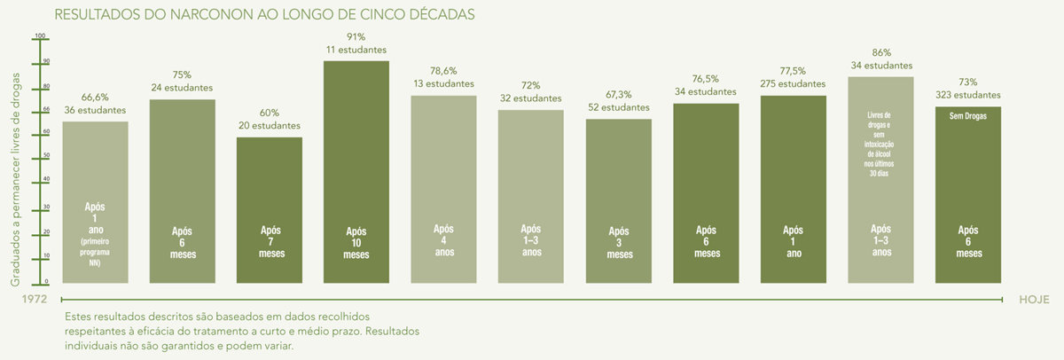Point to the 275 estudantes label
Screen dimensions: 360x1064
coord(793,83)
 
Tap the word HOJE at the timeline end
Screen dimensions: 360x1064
coord(1034,300)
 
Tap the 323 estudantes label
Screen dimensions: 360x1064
coord(968,95)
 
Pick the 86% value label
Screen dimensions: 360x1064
coord(880,52)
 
